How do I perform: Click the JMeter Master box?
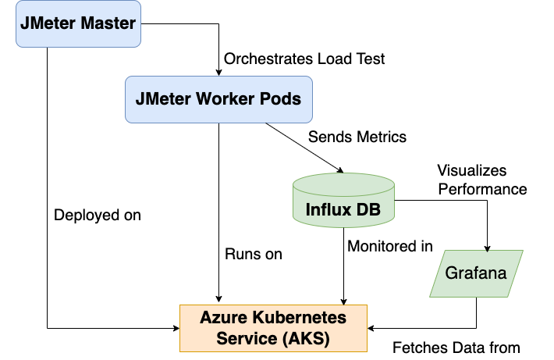79,24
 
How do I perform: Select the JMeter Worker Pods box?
218,99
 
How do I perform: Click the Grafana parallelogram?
477,273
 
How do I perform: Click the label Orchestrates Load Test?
304,59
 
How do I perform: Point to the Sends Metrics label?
357,137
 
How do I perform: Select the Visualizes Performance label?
481,180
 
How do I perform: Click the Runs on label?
254,254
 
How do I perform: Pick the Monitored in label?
390,247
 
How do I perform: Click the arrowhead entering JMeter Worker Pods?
219,72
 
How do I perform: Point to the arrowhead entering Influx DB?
340,170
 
